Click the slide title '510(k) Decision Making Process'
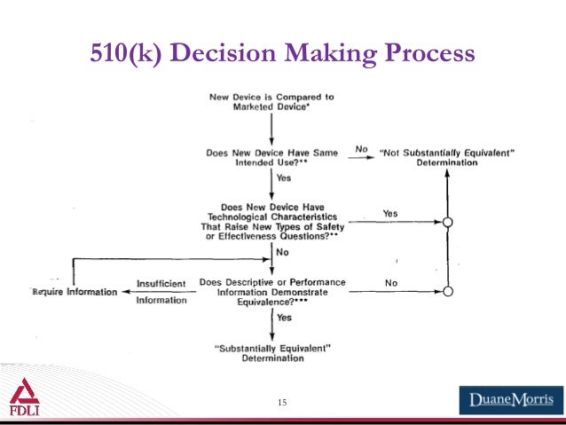point(282,55)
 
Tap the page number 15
point(282,404)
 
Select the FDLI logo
point(24,398)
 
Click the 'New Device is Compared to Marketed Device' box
point(271,102)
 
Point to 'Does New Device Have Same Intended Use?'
point(271,159)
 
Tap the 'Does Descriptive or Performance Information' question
point(271,291)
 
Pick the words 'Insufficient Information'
point(161,292)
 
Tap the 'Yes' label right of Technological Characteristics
point(390,214)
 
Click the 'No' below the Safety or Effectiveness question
point(283,253)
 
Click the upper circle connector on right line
point(448,223)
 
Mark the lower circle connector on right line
point(448,292)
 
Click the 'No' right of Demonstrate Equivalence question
point(390,283)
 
